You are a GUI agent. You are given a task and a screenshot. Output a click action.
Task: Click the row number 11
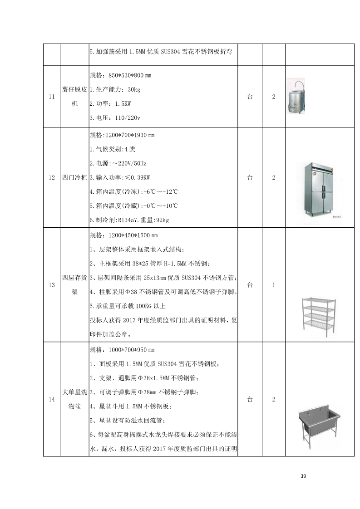52,97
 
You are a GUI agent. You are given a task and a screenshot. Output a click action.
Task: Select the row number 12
52,178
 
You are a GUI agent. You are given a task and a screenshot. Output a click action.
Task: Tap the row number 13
52,285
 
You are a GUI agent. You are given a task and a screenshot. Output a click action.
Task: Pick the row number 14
52,399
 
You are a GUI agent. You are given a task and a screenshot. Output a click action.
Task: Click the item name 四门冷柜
74,178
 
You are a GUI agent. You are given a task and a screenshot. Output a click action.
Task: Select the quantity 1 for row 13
274,285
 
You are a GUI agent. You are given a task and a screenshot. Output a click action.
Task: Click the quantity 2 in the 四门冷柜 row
274,178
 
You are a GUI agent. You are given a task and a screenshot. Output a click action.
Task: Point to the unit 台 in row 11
250,97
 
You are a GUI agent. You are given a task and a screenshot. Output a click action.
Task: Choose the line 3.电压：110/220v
115,118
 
